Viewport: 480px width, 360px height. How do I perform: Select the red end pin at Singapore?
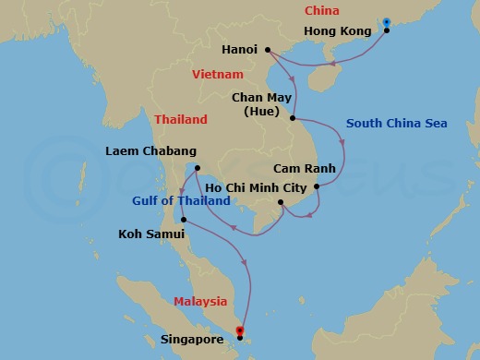(x=240, y=330)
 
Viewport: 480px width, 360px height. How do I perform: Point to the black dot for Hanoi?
(x=267, y=50)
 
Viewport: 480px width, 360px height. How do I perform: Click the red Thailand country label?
(x=181, y=120)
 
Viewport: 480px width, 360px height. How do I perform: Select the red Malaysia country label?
(x=201, y=301)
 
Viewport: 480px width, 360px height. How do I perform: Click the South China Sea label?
(x=390, y=124)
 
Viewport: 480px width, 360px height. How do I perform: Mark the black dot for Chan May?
(x=293, y=118)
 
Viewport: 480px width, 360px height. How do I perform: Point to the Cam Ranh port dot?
(x=317, y=187)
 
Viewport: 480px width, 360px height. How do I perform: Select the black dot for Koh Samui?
(x=185, y=220)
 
